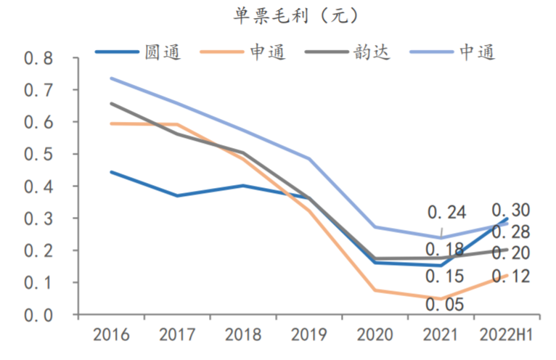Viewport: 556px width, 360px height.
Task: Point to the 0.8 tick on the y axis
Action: pyautogui.click(x=39, y=58)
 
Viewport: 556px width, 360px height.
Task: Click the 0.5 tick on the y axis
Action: pyautogui.click(x=39, y=155)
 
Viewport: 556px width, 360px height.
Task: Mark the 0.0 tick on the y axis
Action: pyautogui.click(x=39, y=315)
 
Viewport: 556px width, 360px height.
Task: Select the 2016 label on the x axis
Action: pyautogui.click(x=111, y=336)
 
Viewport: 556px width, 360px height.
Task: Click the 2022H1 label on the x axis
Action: pyautogui.click(x=506, y=336)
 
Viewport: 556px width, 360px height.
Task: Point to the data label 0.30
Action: pyautogui.click(x=511, y=210)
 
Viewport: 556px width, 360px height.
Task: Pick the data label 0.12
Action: pyautogui.click(x=511, y=277)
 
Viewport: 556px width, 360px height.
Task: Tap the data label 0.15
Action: pyautogui.click(x=445, y=277)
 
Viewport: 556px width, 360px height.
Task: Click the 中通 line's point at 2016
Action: pyautogui.click(x=111, y=78)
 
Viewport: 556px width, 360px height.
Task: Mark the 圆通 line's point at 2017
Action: pyautogui.click(x=177, y=196)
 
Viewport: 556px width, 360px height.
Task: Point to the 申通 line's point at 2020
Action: pyautogui.click(x=375, y=290)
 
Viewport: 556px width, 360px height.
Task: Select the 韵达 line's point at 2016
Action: pyautogui.click(x=111, y=104)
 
